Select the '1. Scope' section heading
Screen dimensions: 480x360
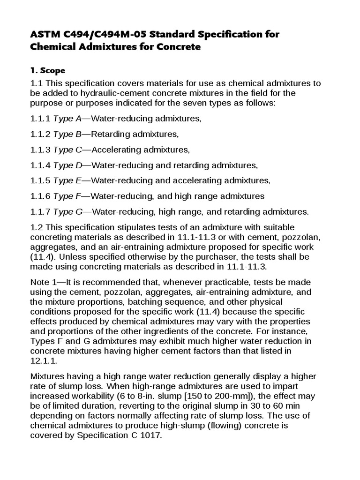[x=47, y=71]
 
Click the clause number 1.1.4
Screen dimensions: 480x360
[x=41, y=165]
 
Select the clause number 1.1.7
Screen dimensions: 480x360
[x=41, y=212]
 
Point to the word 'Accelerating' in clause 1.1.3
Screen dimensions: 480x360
[x=113, y=150]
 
